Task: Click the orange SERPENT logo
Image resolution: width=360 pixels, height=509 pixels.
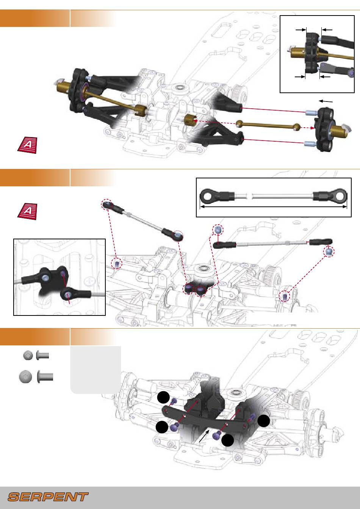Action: pyautogui.click(x=48, y=497)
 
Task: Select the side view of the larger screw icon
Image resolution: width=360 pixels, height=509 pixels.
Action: pyautogui.click(x=45, y=376)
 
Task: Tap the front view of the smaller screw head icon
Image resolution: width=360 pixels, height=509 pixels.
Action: pyautogui.click(x=28, y=355)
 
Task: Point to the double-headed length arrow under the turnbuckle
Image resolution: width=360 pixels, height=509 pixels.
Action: pyautogui.click(x=273, y=207)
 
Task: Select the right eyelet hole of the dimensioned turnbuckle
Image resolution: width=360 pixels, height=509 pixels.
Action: pyautogui.click(x=340, y=196)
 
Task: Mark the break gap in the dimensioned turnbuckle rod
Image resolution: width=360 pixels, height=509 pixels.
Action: pyautogui.click(x=250, y=196)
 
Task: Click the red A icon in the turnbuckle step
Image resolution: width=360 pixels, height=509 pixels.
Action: pyautogui.click(x=28, y=211)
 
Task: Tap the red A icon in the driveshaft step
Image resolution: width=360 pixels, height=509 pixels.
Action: pyautogui.click(x=28, y=145)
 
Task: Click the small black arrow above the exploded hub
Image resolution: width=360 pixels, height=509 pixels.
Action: pyautogui.click(x=326, y=101)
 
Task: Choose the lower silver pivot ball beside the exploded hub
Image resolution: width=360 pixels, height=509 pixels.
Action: pyautogui.click(x=310, y=144)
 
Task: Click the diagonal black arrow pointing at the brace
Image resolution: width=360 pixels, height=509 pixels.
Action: pyautogui.click(x=204, y=436)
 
